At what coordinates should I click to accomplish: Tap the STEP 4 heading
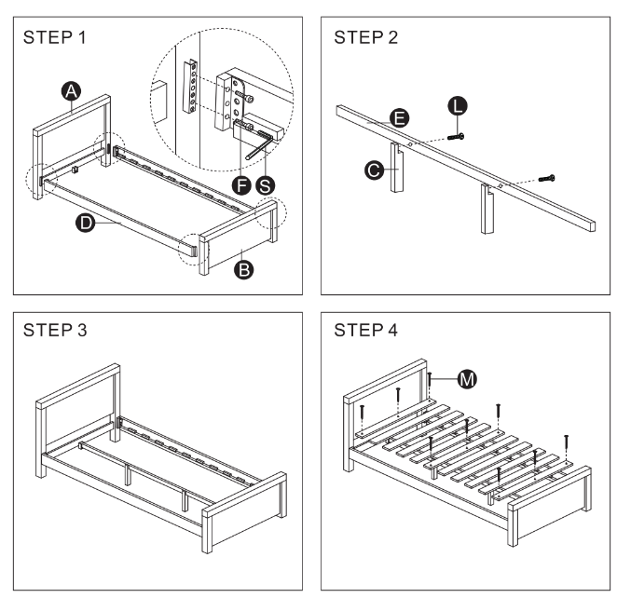(x=366, y=331)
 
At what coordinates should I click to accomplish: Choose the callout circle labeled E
(x=398, y=118)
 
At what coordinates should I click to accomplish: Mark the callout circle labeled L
(x=458, y=105)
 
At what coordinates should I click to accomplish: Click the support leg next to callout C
(x=396, y=172)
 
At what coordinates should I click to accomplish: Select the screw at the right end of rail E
(x=544, y=177)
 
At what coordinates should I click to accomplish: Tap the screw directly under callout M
(x=432, y=382)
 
